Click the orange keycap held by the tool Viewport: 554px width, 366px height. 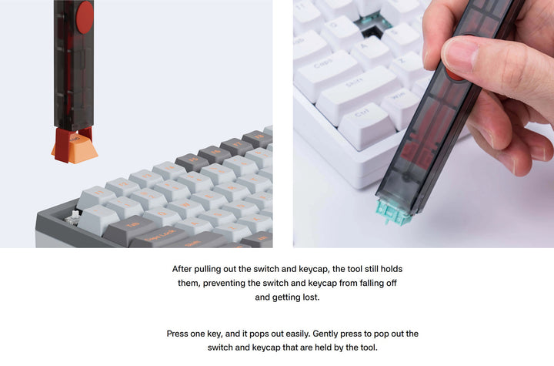75,149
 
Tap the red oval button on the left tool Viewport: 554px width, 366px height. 85,18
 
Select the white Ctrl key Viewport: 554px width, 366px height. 366,125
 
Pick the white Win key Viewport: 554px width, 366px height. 400,106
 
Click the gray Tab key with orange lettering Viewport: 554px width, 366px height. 129,230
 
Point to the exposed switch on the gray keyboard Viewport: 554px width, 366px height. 74,217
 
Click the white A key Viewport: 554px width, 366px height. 368,53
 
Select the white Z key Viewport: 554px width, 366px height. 405,67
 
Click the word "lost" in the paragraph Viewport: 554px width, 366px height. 312,297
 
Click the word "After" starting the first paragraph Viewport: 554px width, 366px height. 182,269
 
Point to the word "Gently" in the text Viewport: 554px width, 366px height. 325,334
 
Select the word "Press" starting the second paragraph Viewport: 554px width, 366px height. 177,334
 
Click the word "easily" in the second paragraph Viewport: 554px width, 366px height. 298,334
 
